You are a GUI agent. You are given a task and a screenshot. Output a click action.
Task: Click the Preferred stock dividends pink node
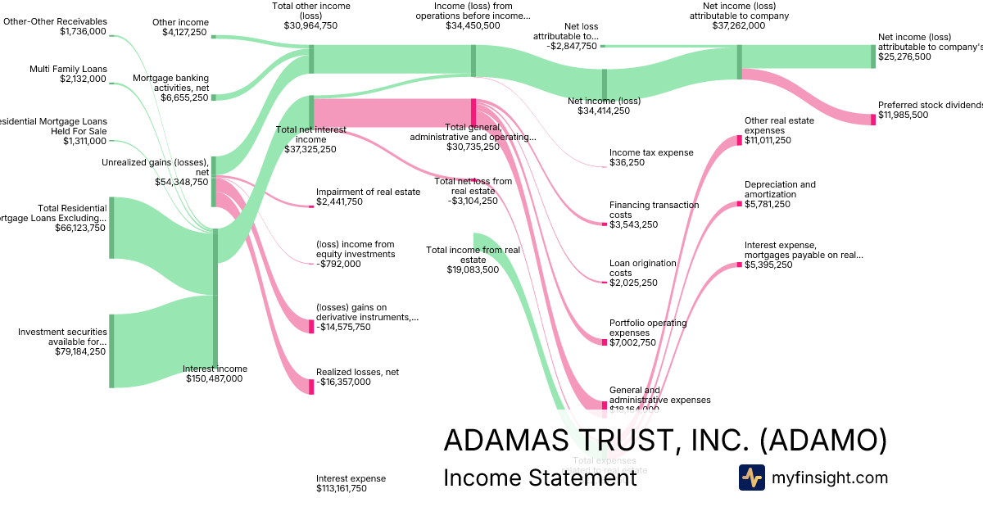click(x=873, y=120)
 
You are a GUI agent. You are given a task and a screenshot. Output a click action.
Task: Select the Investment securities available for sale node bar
click(x=111, y=351)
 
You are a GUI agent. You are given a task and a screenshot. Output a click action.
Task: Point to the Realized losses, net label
click(x=357, y=372)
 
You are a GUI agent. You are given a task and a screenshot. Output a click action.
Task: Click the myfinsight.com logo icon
click(x=751, y=478)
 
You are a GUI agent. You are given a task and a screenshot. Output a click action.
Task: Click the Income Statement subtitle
click(x=539, y=478)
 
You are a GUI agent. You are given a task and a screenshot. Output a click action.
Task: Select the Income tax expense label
click(x=651, y=152)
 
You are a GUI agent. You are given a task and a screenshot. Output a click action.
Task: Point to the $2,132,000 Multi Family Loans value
click(x=83, y=79)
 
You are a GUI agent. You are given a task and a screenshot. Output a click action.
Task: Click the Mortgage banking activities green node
click(x=215, y=97)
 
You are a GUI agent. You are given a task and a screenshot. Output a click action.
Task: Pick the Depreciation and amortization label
click(x=780, y=189)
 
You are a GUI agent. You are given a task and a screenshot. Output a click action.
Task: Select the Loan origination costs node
click(x=605, y=283)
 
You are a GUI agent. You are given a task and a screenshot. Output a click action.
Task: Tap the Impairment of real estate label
click(x=368, y=192)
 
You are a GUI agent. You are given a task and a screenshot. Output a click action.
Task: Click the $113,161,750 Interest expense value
click(x=342, y=488)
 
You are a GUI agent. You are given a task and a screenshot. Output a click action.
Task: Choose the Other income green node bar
click(x=215, y=36)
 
